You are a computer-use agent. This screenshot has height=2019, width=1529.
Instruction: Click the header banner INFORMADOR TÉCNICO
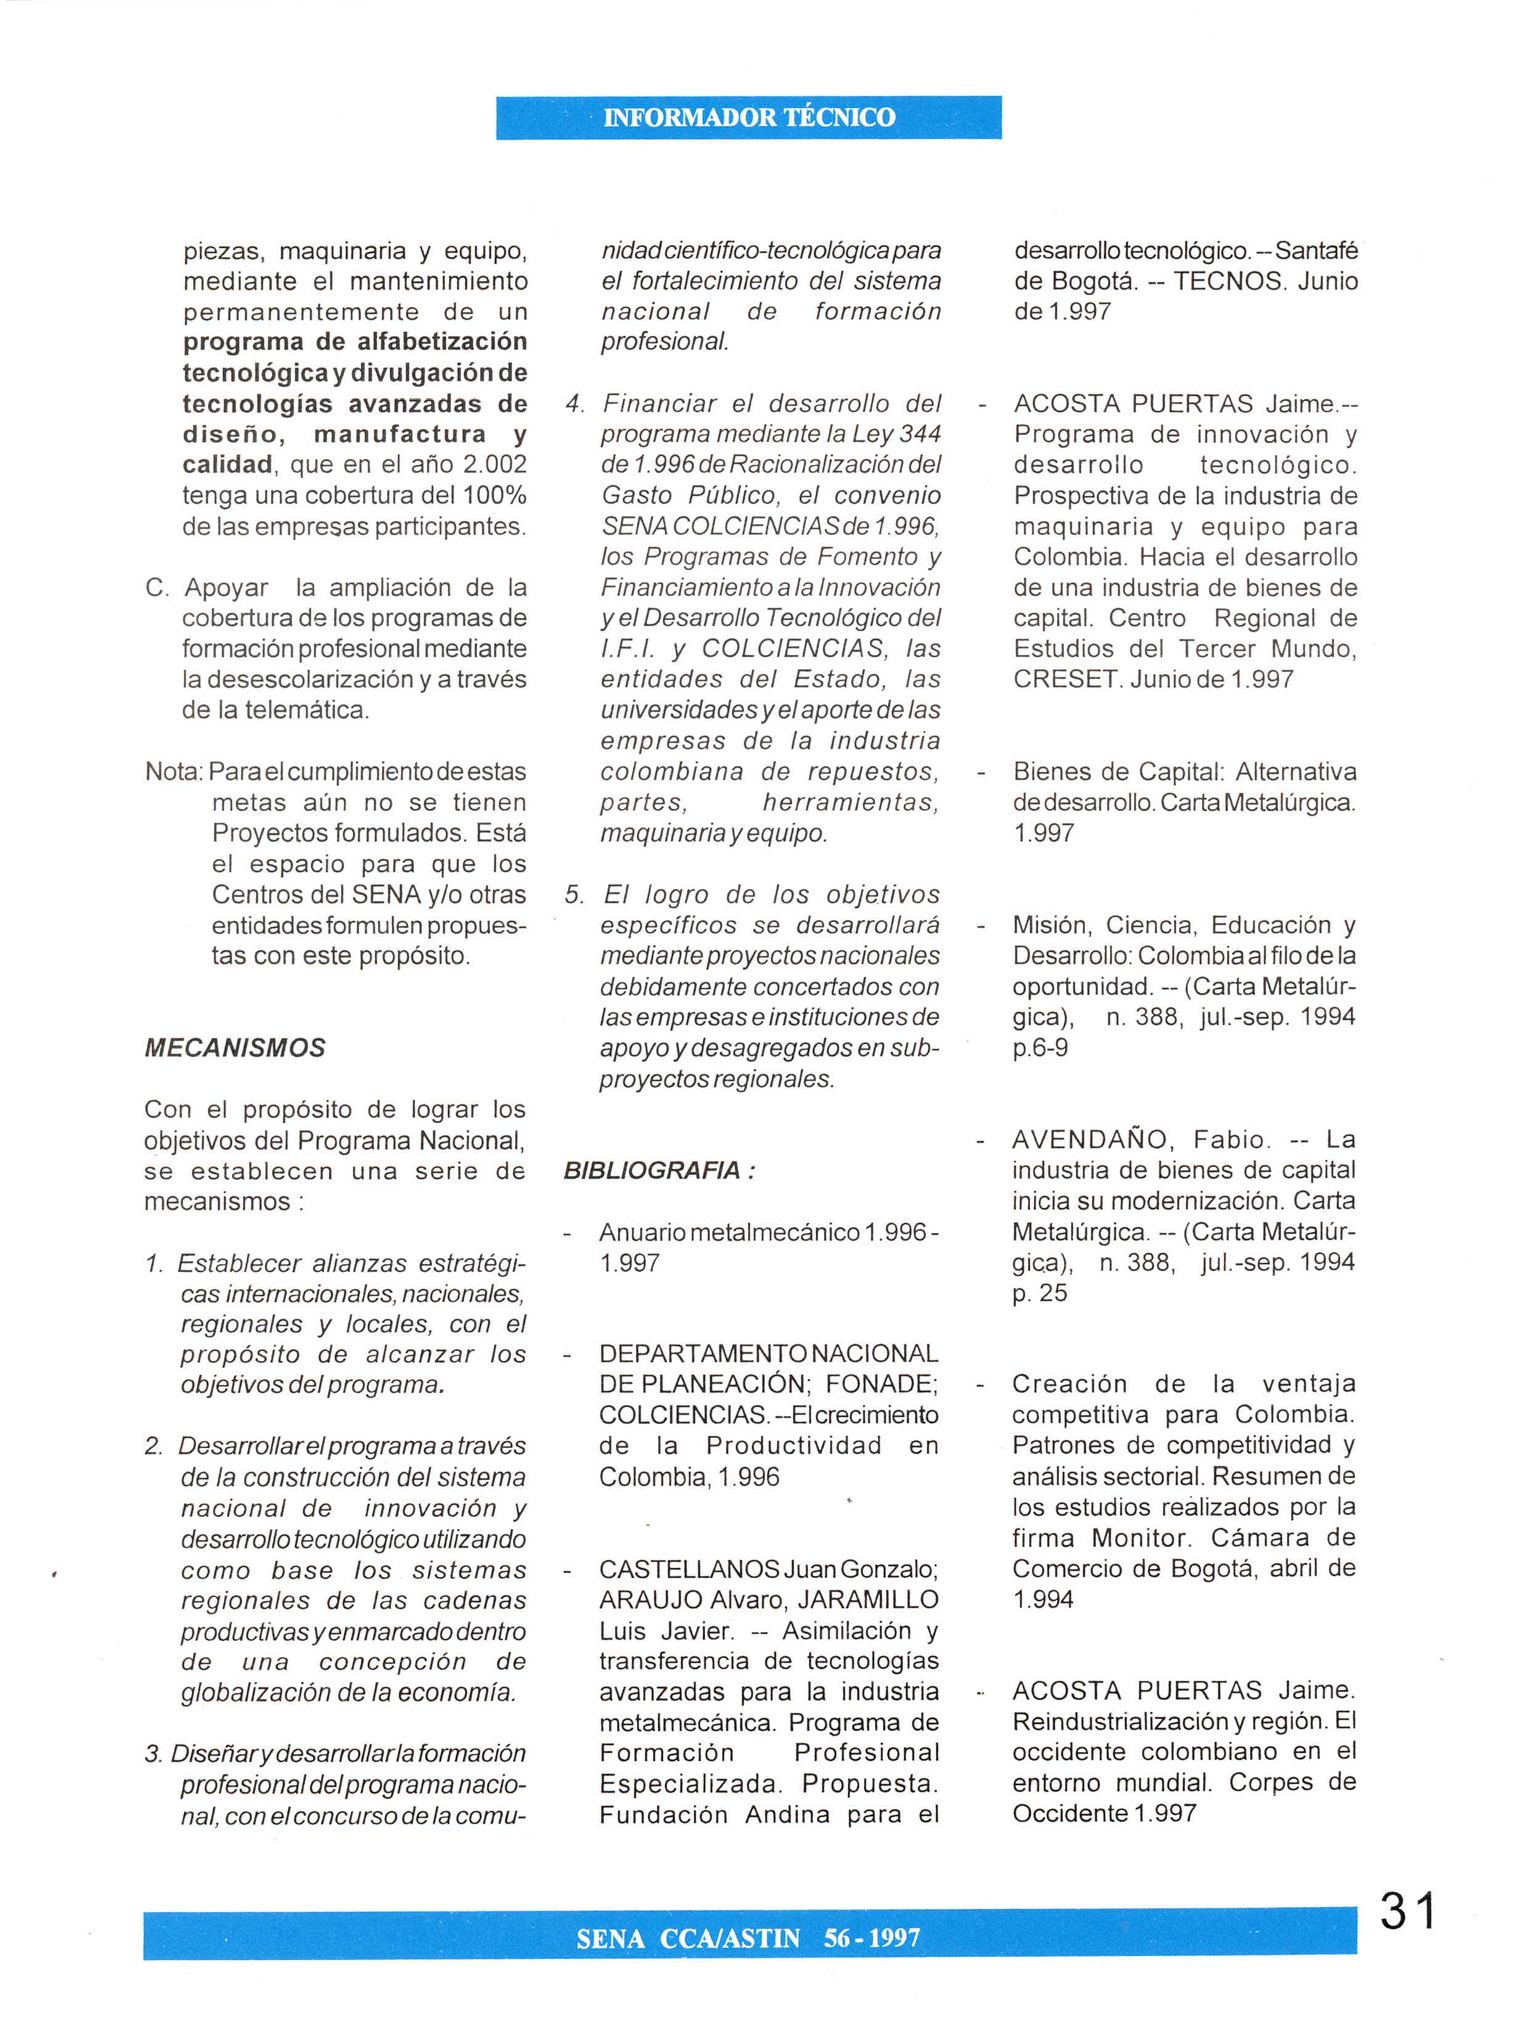point(748,118)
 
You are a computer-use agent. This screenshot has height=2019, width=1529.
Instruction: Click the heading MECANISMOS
point(235,1048)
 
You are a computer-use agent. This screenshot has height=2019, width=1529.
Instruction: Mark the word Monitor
point(1141,1538)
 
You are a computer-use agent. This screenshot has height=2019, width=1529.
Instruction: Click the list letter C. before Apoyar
point(157,588)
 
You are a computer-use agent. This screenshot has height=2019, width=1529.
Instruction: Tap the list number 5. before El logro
point(574,895)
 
